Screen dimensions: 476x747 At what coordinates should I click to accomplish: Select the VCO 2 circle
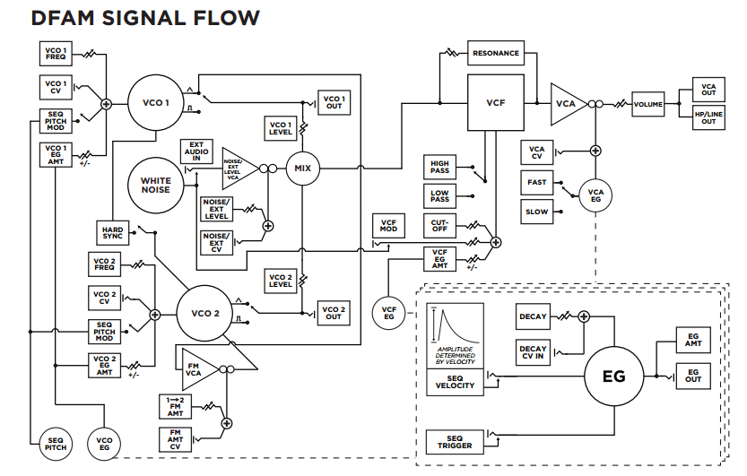click(x=205, y=314)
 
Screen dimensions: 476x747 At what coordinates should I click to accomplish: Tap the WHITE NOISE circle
click(x=155, y=185)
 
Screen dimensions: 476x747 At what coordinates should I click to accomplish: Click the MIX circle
click(x=302, y=168)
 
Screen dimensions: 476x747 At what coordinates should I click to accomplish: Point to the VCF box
click(x=496, y=103)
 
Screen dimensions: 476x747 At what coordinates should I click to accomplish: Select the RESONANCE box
click(x=495, y=53)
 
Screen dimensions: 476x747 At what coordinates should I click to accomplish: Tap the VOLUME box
click(x=647, y=105)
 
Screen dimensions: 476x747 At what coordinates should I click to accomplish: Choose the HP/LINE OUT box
click(x=708, y=117)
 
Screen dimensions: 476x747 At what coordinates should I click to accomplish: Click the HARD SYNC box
click(x=112, y=233)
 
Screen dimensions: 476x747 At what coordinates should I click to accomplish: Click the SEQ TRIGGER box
click(x=454, y=441)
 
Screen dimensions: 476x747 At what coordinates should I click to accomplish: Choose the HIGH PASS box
click(x=439, y=166)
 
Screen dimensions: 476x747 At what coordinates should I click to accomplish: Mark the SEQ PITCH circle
click(x=55, y=442)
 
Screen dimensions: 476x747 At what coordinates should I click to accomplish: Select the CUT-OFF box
click(x=439, y=225)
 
